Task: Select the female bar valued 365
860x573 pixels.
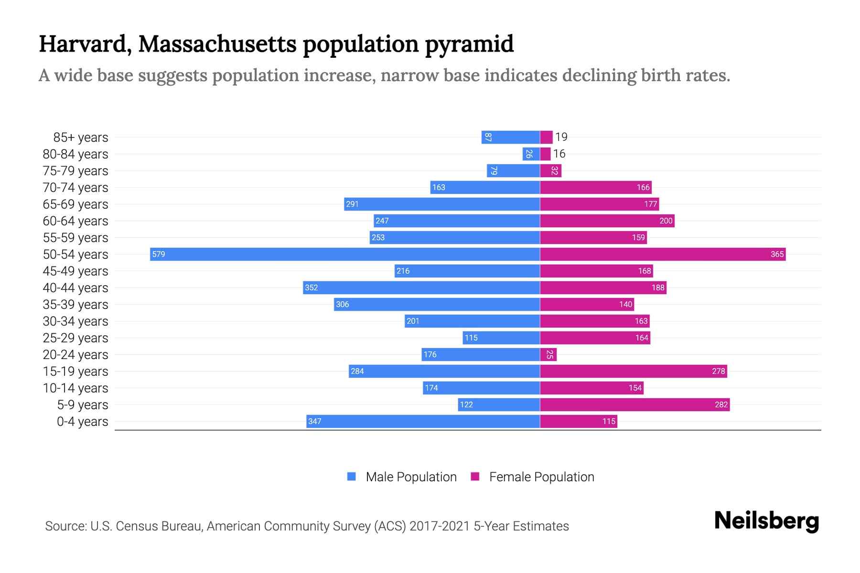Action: click(663, 254)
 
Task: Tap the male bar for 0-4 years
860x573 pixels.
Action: click(423, 421)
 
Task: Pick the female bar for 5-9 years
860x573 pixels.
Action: click(634, 404)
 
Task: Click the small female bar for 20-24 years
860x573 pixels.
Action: click(548, 354)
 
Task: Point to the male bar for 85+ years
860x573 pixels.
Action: click(510, 137)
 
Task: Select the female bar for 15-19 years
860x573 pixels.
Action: click(633, 371)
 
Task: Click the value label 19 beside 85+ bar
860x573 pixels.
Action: click(561, 137)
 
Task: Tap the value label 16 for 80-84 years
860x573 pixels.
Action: click(559, 154)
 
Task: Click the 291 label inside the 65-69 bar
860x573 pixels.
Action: click(352, 204)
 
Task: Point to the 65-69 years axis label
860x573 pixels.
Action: click(75, 204)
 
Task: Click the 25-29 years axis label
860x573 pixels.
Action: click(75, 338)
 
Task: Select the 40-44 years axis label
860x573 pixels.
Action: click(75, 288)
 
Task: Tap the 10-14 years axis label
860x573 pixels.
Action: click(75, 388)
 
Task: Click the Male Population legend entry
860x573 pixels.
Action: click(411, 477)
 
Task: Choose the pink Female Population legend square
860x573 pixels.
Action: click(475, 477)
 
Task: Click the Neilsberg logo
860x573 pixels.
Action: click(766, 521)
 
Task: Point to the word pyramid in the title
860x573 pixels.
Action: click(469, 44)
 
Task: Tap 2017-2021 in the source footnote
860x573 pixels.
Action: click(440, 526)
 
